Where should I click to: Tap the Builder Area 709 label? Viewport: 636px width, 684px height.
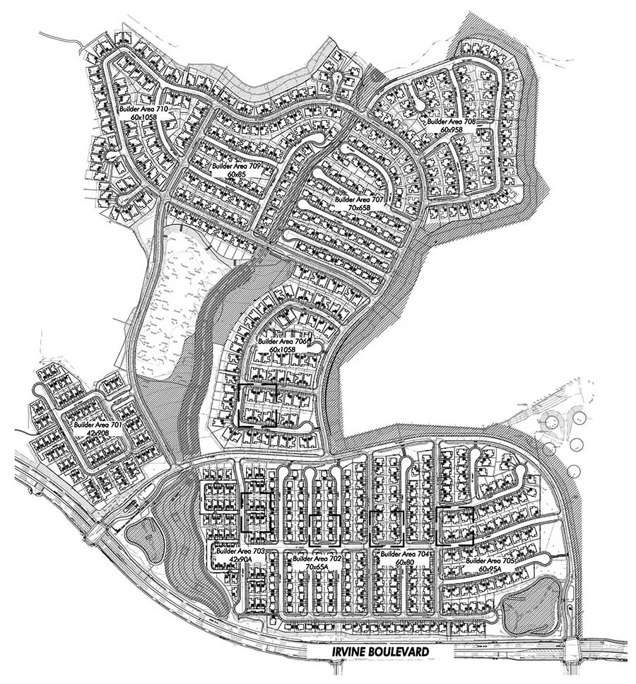click(237, 166)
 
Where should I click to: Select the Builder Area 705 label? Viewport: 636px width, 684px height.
click(489, 560)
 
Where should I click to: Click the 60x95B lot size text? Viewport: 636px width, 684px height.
click(449, 130)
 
